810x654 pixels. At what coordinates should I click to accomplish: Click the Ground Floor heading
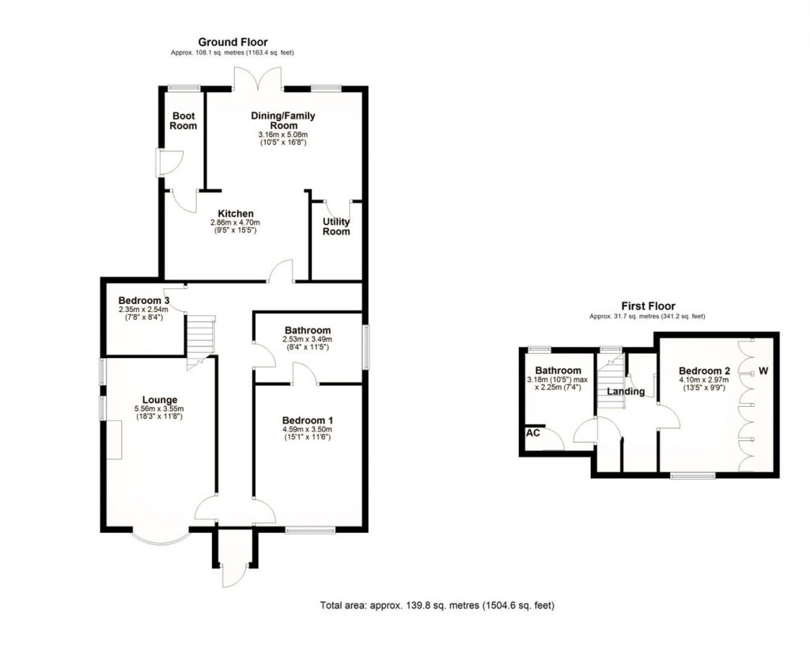tap(233, 42)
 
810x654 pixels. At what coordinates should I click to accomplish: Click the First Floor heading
tap(647, 306)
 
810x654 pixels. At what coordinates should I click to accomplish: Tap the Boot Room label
tap(184, 120)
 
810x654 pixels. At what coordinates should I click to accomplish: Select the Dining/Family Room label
tap(283, 120)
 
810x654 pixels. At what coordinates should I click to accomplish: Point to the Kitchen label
tap(236, 213)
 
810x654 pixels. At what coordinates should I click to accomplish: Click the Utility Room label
tap(335, 226)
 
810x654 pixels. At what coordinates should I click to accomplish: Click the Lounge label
tap(160, 399)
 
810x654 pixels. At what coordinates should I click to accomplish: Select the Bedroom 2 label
tap(704, 371)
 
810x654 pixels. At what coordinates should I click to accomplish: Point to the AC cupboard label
tap(532, 433)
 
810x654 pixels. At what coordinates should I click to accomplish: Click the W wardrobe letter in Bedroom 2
tap(764, 370)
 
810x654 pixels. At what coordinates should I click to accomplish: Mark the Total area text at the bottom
tap(437, 606)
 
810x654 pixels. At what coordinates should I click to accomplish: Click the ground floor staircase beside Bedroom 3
tap(201, 336)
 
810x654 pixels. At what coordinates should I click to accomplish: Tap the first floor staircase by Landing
tap(610, 384)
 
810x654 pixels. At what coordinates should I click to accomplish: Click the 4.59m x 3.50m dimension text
tap(308, 431)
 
